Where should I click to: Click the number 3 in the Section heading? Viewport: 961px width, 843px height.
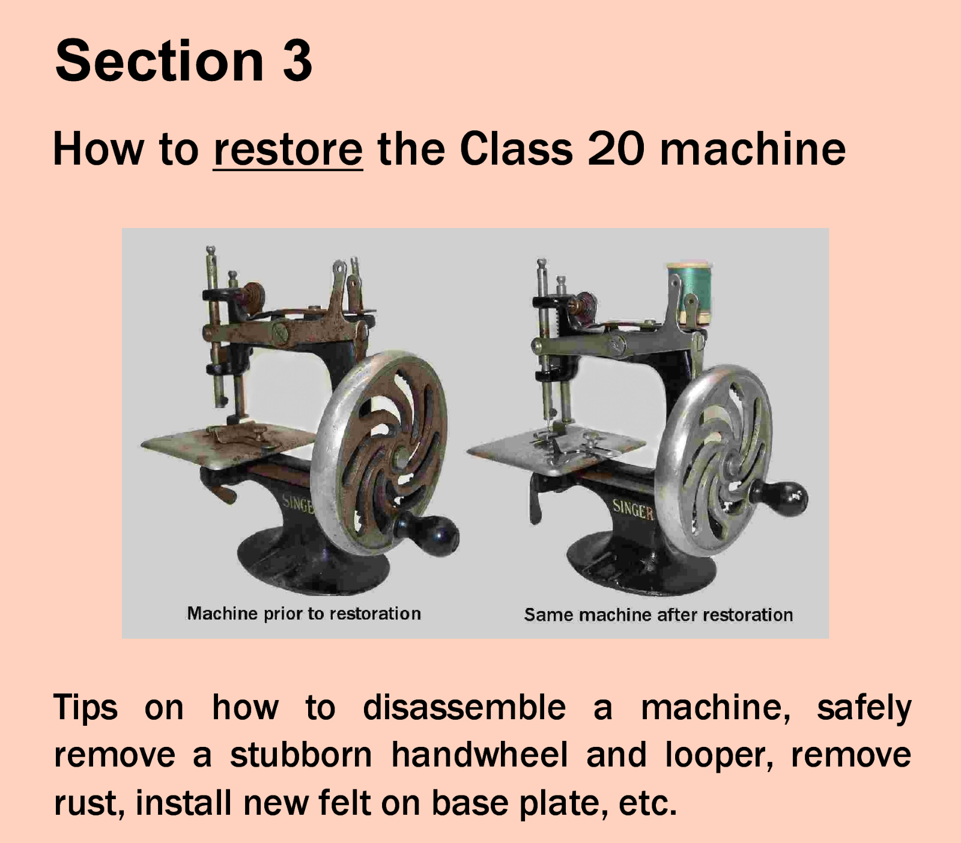(x=297, y=61)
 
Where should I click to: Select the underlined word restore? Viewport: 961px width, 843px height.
(x=288, y=150)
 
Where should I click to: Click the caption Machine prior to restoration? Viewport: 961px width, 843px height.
(x=304, y=613)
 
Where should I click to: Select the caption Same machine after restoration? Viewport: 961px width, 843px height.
(x=658, y=615)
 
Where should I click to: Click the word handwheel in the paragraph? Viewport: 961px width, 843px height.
(x=479, y=755)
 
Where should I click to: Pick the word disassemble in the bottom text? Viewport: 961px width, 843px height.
(x=464, y=707)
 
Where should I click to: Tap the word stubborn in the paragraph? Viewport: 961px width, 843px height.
(x=301, y=755)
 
